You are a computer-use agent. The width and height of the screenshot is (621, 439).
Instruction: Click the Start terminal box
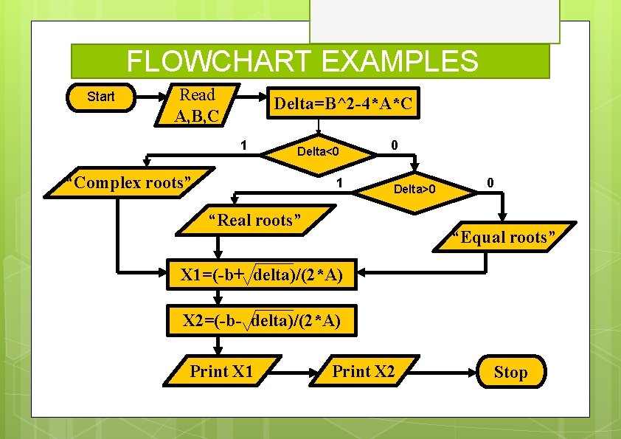click(101, 97)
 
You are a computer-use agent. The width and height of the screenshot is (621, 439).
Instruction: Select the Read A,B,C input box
click(197, 105)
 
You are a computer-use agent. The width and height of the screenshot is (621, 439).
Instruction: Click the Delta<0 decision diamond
click(317, 152)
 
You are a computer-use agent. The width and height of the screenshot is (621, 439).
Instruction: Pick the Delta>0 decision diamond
click(414, 190)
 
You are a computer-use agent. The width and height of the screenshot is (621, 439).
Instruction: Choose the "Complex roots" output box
click(128, 183)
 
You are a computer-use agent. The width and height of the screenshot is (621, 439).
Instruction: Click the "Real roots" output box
click(254, 221)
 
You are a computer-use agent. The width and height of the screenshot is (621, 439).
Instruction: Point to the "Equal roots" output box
click(504, 238)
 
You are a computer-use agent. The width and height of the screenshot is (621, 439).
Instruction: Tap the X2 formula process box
click(262, 320)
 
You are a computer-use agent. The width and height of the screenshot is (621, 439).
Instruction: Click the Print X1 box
click(221, 371)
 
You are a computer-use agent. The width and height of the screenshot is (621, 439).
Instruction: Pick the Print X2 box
click(363, 371)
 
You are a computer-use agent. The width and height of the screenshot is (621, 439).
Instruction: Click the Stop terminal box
click(510, 372)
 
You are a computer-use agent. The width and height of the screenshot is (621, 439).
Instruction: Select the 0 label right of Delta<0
click(395, 145)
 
